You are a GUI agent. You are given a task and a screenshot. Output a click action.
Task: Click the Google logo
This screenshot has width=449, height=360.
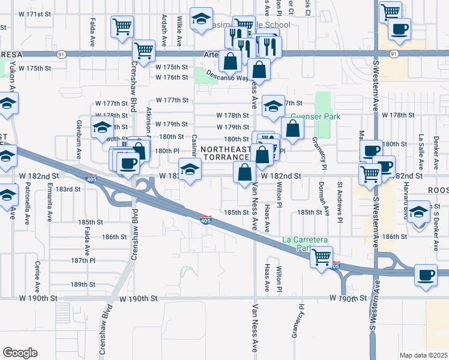(x=20, y=352)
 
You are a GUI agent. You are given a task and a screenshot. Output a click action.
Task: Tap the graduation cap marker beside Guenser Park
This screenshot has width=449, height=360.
(x=273, y=106)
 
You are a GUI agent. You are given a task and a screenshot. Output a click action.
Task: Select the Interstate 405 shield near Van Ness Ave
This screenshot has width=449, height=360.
(x=205, y=221)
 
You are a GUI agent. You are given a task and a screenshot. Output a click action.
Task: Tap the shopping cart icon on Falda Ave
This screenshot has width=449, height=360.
(x=122, y=26)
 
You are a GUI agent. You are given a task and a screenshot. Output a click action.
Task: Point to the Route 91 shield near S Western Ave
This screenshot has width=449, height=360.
(x=393, y=54)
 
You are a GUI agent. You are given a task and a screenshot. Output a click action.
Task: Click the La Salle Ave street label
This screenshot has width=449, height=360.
(x=422, y=148)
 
